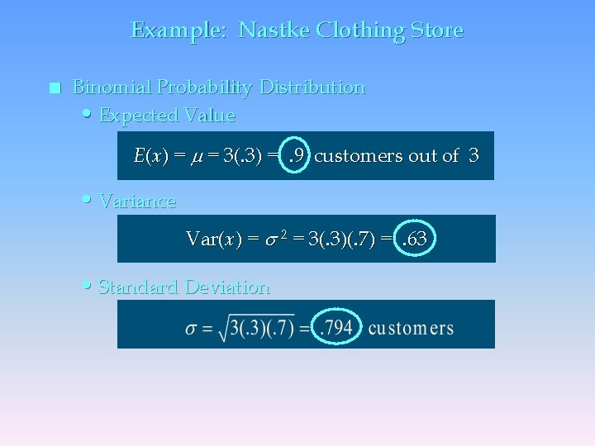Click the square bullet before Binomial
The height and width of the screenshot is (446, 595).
point(55,88)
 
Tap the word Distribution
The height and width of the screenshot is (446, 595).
point(312,87)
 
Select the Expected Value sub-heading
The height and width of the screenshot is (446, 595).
point(167,116)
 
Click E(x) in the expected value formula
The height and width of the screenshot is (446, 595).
point(151,155)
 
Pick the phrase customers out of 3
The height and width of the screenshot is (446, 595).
point(397,155)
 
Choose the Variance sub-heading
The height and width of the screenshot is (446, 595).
point(137,201)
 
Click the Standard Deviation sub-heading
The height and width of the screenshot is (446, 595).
point(184,287)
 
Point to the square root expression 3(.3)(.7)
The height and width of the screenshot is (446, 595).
point(257,328)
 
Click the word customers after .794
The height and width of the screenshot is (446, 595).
point(411,328)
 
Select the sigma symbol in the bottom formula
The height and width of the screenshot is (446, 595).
point(192,329)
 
